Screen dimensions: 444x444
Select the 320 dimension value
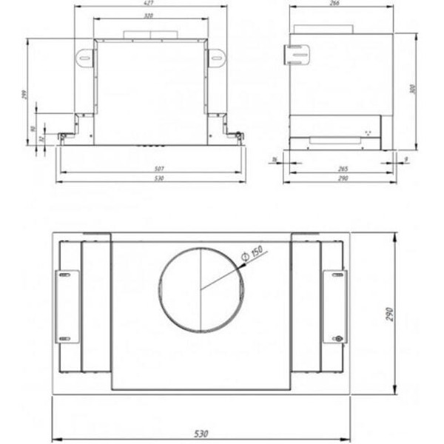149,16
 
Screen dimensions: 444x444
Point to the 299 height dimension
27,95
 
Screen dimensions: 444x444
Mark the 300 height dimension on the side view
413,89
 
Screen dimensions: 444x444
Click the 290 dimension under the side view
342,179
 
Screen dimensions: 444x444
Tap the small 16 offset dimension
275,159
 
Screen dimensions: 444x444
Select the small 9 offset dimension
406,159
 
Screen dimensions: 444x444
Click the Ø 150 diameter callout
254,252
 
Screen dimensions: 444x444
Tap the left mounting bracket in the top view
68,306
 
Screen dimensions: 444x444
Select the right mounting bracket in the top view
334,306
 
